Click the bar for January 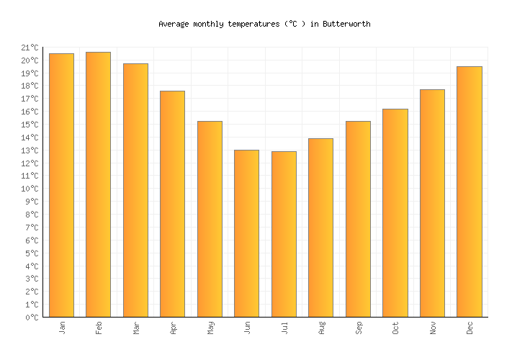point(61,185)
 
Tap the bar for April point(172,204)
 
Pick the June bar point(246,233)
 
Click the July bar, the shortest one point(284,234)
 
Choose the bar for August point(320,228)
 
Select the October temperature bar point(395,213)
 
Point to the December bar point(469,192)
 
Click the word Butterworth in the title point(346,24)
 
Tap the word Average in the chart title point(174,24)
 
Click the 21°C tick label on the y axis point(30,48)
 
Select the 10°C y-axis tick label point(30,189)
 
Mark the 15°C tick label point(30,125)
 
